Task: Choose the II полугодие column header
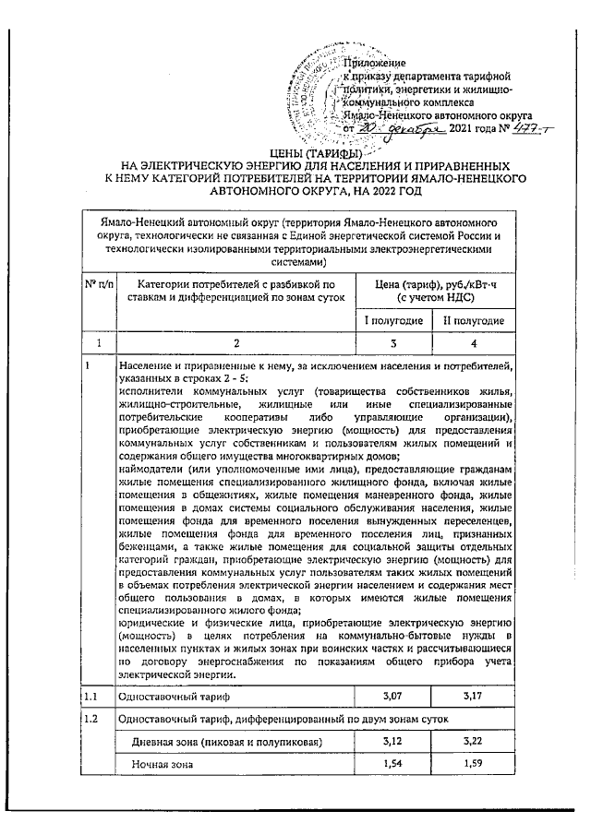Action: pyautogui.click(x=474, y=320)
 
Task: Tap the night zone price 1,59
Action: pyautogui.click(x=474, y=765)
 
